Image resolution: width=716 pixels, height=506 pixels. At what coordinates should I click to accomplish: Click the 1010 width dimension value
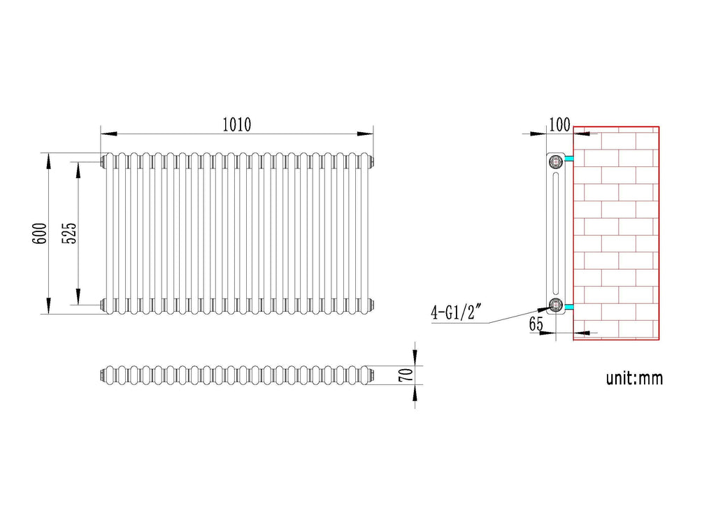pos(236,125)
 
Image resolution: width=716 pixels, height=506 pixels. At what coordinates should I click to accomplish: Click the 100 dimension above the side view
pos(559,125)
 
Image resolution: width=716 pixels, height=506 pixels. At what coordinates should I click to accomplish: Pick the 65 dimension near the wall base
pos(536,323)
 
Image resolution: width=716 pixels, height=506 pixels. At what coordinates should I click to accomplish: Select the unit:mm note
pos(633,379)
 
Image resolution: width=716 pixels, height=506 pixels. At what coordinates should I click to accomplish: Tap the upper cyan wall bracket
pos(569,161)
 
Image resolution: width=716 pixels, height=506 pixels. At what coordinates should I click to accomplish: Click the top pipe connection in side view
pos(556,161)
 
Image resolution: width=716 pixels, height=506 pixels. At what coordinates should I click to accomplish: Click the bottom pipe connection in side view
pos(556,304)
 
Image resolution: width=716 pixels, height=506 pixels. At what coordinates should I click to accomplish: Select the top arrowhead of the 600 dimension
pos(48,160)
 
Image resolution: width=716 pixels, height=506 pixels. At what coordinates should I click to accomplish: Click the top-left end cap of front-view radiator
pos(103,161)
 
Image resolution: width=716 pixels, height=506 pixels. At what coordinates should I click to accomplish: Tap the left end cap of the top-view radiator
pos(103,375)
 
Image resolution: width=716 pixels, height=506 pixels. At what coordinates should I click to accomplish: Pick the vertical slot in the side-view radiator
pos(556,233)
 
